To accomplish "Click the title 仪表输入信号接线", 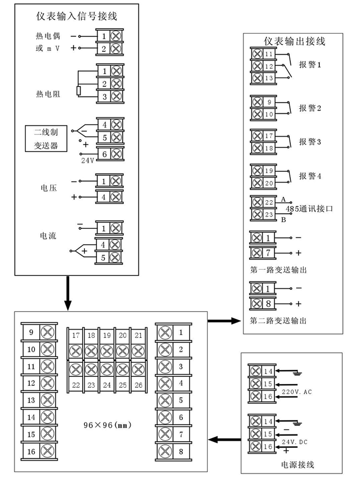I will pyautogui.click(x=77, y=17).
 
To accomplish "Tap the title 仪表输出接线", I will pyautogui.click(x=295, y=41).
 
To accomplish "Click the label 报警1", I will pyautogui.click(x=310, y=65).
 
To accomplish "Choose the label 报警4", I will pyautogui.click(x=310, y=176).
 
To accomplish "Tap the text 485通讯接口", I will pyautogui.click(x=309, y=209).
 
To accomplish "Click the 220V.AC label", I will pyautogui.click(x=297, y=392).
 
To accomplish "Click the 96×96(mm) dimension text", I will pyautogui.click(x=108, y=425).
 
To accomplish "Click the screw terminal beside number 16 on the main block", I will pyautogui.click(x=47, y=452).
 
